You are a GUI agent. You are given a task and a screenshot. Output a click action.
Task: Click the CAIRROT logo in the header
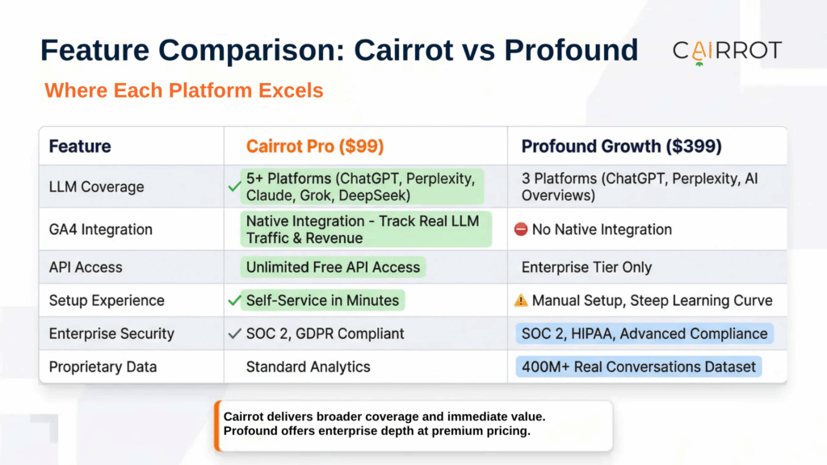(x=727, y=52)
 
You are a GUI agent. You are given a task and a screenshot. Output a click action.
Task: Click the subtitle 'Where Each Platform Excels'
(x=183, y=90)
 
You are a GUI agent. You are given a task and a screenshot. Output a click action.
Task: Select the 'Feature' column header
(x=80, y=146)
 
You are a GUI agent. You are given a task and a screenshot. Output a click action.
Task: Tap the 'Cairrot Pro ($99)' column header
(x=315, y=146)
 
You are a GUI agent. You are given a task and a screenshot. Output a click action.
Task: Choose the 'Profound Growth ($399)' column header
(x=621, y=146)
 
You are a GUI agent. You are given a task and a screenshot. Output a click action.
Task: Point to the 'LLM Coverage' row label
(x=96, y=186)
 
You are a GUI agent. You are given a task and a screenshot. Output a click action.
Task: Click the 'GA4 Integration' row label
(x=100, y=229)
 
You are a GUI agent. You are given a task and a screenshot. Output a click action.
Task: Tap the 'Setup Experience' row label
(x=107, y=300)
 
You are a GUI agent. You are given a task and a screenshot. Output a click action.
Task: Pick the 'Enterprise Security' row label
(x=111, y=333)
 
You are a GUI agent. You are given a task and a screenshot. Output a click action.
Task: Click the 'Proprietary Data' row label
(x=103, y=367)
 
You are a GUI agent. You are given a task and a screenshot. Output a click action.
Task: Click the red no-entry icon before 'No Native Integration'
(x=521, y=230)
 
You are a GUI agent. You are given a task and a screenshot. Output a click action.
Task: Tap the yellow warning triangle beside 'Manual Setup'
(x=521, y=300)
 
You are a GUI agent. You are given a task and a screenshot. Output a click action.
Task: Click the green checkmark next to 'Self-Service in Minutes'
(x=234, y=300)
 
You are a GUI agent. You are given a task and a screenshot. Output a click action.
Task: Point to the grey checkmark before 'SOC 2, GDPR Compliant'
(x=234, y=333)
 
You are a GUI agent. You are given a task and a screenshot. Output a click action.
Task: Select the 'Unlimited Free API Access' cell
(x=333, y=267)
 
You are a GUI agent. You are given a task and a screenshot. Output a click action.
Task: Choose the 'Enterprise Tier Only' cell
(x=586, y=267)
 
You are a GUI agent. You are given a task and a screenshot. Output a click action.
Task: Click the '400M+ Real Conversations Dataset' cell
(x=640, y=367)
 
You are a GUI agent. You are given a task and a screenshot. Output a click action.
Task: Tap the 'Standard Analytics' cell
(x=308, y=367)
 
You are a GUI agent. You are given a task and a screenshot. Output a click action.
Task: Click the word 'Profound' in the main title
(x=571, y=50)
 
